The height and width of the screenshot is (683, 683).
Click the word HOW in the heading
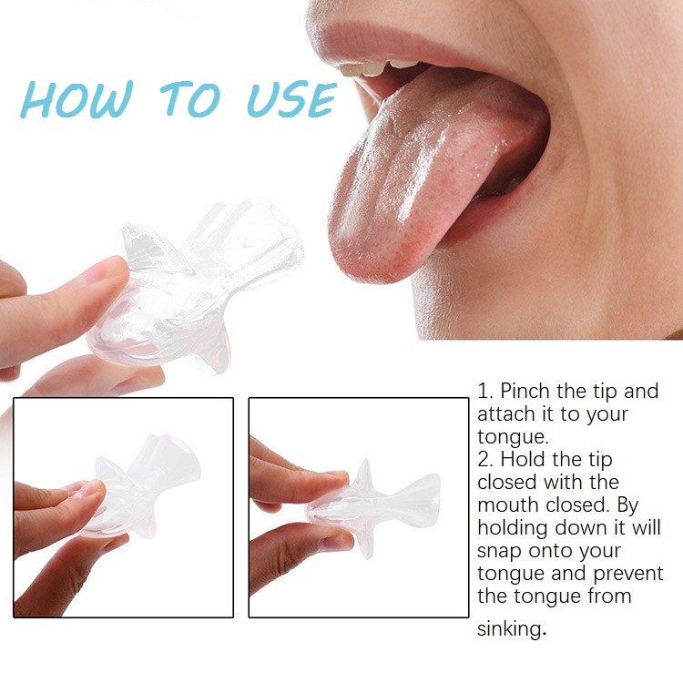tap(76, 99)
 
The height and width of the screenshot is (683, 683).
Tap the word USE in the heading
tap(291, 99)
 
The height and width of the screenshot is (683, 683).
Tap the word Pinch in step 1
tap(525, 392)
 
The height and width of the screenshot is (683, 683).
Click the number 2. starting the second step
tap(485, 460)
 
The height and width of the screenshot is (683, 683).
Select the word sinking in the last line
tap(509, 629)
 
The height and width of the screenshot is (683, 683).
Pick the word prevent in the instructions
tap(628, 574)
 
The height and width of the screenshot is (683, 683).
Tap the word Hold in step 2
tap(524, 460)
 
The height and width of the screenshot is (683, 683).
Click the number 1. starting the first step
tap(484, 392)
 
